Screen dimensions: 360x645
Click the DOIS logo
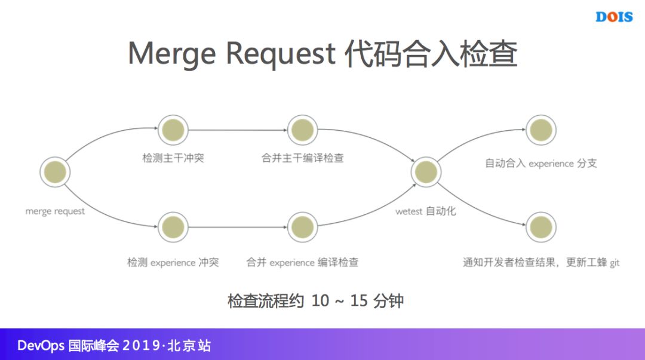tap(613, 17)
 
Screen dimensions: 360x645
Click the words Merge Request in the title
tap(231, 54)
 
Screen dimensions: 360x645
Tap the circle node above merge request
tap(55, 172)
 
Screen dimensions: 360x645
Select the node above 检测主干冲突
tap(173, 130)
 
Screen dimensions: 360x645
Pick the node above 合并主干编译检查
tap(302, 130)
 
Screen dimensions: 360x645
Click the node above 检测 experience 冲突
tap(173, 228)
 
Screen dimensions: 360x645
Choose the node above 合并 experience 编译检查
tap(302, 228)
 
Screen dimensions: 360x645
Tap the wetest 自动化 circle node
tap(426, 172)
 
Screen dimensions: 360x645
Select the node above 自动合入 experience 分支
tap(540, 130)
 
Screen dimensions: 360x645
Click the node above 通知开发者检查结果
tap(540, 228)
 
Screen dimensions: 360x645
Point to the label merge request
tap(55, 211)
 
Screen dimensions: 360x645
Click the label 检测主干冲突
tap(173, 159)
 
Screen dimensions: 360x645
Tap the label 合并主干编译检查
tap(302, 159)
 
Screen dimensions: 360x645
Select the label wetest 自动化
tap(425, 211)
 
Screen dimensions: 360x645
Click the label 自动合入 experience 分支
tap(540, 164)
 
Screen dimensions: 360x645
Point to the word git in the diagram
tap(615, 263)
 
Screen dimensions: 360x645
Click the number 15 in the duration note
tap(358, 300)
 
